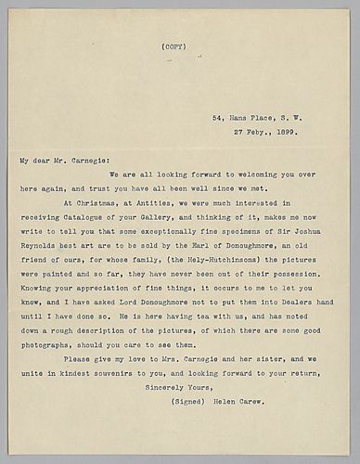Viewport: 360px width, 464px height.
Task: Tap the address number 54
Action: pyautogui.click(x=219, y=118)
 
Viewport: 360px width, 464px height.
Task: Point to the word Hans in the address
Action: pyautogui.click(x=238, y=118)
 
